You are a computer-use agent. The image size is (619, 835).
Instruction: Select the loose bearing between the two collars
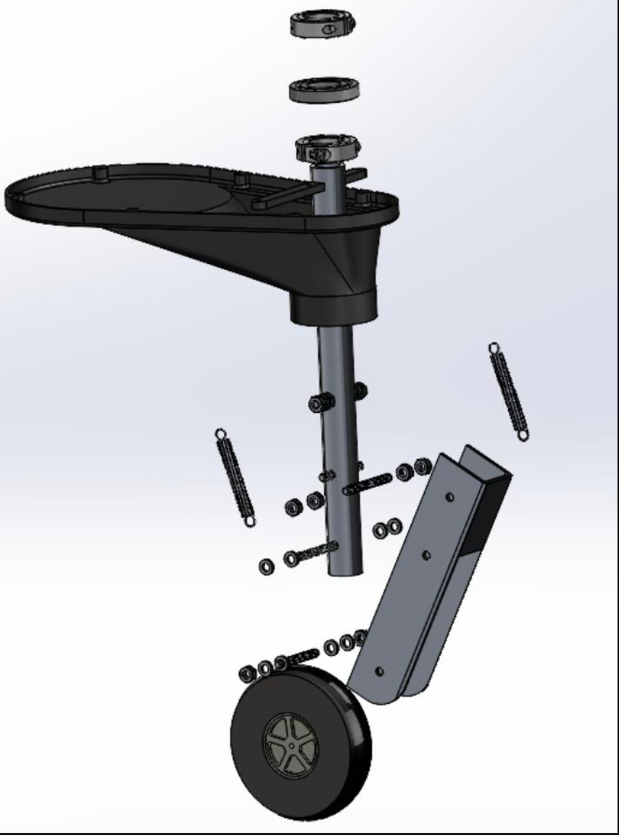(x=325, y=90)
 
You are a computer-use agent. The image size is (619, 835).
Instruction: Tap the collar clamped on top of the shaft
(x=327, y=149)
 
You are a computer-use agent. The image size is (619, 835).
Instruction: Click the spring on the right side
(x=509, y=391)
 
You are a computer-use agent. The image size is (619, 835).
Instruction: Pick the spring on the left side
(x=236, y=478)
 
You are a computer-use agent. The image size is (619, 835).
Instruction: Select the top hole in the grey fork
(x=450, y=498)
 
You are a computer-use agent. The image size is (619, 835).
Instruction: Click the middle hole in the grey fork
(x=425, y=555)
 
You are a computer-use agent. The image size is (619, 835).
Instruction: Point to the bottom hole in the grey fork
(x=379, y=672)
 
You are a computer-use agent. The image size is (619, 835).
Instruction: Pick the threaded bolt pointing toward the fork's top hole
(x=368, y=483)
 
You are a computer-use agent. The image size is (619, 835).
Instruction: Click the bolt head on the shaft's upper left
(x=316, y=404)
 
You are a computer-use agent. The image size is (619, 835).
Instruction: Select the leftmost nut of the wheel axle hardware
(x=246, y=674)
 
